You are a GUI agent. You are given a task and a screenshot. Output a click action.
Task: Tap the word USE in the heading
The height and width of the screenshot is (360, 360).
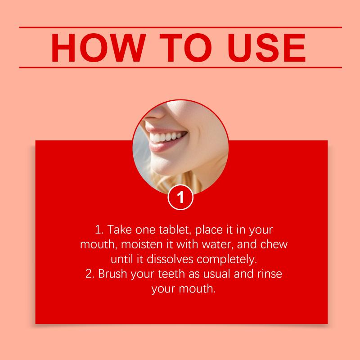tap(266, 48)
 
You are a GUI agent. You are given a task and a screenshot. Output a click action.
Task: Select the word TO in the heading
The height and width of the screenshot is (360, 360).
tap(185, 48)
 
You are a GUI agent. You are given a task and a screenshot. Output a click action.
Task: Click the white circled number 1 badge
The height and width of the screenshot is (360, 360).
tap(180, 197)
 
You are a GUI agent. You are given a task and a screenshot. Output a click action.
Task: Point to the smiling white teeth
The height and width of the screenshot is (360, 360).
tap(167, 137)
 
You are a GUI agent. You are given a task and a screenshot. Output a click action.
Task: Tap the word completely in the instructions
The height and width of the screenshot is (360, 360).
tap(227, 260)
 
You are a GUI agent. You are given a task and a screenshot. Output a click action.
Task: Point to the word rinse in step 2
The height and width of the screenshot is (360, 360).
tap(270, 274)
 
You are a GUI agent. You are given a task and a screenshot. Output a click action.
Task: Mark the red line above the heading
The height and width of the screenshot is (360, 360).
tap(180, 27)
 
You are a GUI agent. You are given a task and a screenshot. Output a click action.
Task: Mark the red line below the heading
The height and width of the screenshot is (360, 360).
tap(180, 67)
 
